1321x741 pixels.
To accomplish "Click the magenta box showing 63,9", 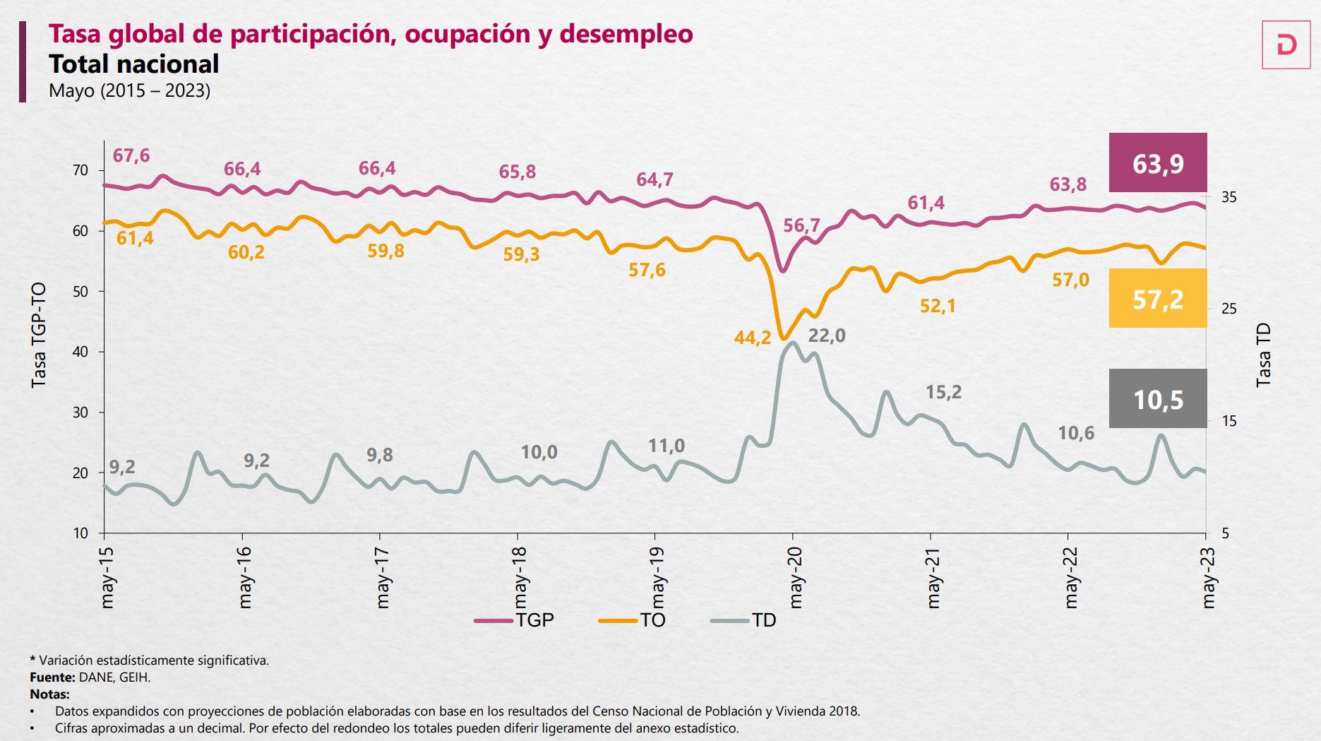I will coord(1158,163).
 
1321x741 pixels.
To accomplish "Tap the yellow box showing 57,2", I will coord(1158,299).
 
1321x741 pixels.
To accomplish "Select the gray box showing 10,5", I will coord(1158,399).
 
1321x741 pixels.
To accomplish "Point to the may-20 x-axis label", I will coord(796,577).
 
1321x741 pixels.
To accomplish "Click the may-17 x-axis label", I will coord(383,577).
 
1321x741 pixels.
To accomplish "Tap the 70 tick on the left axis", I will coord(80,170).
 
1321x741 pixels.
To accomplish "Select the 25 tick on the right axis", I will coord(1229,309).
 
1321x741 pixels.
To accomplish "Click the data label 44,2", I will coord(752,338).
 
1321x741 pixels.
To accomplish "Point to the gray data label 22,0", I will coord(826,336).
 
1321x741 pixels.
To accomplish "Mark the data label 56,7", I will coord(801,226).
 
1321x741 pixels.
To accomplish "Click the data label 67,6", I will coord(131,155).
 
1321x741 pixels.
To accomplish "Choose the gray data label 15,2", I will coord(943,392).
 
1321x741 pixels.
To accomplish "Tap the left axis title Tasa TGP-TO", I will coord(39,335).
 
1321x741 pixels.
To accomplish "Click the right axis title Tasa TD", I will coord(1263,355).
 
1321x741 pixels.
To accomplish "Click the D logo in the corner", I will coord(1286,45).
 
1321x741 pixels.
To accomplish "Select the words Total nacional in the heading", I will coord(133,64).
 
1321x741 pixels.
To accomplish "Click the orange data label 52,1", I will coord(938,306).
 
